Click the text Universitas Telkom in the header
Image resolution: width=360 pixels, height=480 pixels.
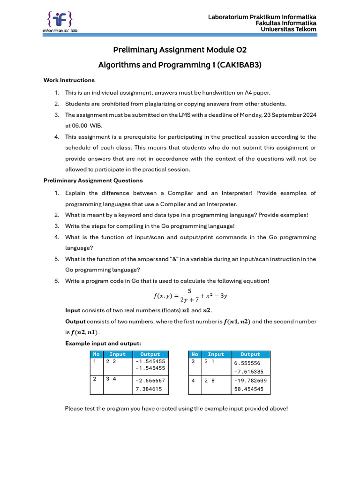(288, 30)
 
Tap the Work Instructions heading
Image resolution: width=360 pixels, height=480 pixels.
(69, 80)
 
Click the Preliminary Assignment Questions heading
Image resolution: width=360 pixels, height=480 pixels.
(93, 180)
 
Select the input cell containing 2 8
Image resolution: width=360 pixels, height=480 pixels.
(210, 381)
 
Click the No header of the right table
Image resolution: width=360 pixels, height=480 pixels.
(195, 354)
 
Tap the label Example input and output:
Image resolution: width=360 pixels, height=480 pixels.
(103, 344)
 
